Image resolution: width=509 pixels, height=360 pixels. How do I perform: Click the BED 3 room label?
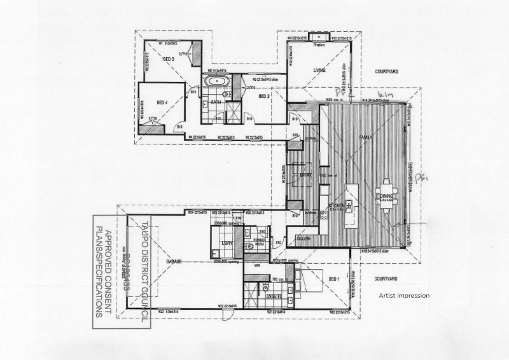[x=169, y=59]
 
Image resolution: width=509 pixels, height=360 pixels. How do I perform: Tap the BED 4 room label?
[x=162, y=102]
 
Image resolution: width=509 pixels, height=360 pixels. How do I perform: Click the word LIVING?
[x=319, y=70]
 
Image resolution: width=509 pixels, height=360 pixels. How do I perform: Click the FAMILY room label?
[x=366, y=137]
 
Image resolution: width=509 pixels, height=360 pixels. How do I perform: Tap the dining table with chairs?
[x=386, y=192]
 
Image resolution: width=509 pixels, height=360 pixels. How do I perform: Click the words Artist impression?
[x=404, y=295]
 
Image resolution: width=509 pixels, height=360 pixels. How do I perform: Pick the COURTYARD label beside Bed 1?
[x=386, y=279]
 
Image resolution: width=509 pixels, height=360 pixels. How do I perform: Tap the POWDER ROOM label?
[x=260, y=241]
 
